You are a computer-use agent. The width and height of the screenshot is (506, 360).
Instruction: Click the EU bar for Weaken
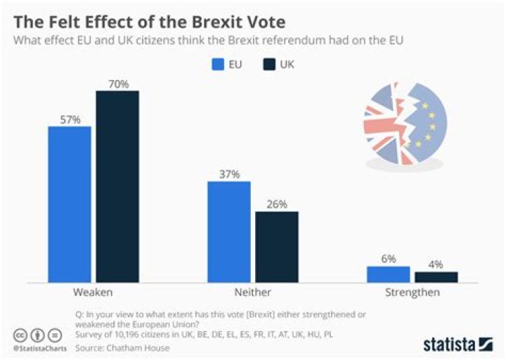coord(70,205)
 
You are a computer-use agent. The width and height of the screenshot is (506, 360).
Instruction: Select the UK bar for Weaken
coord(117,187)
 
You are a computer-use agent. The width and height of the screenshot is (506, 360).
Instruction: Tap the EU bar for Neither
coord(228,232)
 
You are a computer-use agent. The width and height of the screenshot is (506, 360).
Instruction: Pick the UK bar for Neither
coord(276,247)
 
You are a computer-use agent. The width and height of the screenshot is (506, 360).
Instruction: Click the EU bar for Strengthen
coord(388,274)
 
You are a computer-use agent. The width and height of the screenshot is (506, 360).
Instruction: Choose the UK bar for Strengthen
coord(436,277)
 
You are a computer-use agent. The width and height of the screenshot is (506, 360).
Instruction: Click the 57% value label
coord(70,120)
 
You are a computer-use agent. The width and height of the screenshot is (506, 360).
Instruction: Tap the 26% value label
coord(277,205)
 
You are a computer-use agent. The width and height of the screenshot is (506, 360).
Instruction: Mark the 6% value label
coord(389,259)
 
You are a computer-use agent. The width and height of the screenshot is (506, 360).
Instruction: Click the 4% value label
coord(436,264)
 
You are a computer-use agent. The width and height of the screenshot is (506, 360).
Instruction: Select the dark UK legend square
coord(268,65)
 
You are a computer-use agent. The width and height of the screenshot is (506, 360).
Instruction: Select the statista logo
coord(457,344)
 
